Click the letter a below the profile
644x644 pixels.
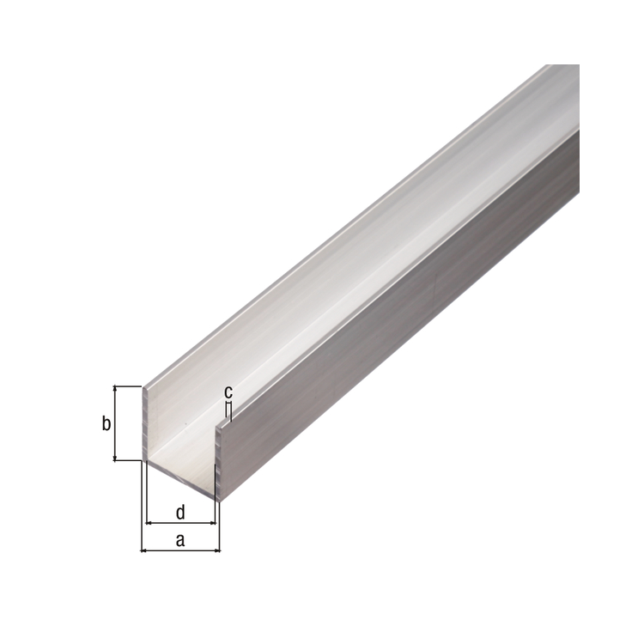point(180,540)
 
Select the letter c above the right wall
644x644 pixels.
point(228,392)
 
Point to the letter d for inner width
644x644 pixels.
point(180,512)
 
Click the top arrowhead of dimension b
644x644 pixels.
point(115,388)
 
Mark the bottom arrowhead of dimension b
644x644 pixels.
point(115,458)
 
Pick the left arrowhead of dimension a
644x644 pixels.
point(143,550)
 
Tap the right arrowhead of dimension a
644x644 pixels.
point(217,550)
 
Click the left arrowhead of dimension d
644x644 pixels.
point(149,523)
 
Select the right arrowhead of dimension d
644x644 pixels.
point(212,523)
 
